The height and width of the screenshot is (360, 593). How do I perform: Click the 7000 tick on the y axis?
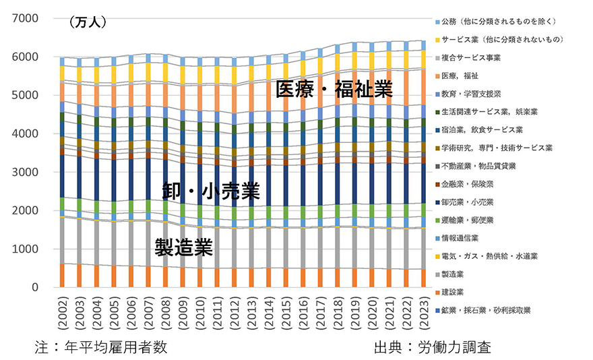click(x=26, y=19)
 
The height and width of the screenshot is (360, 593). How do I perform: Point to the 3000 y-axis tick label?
click(x=26, y=173)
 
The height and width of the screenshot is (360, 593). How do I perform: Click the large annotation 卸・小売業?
click(x=211, y=191)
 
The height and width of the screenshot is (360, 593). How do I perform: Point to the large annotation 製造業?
click(x=183, y=247)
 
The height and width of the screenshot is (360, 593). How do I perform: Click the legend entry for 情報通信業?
click(x=469, y=238)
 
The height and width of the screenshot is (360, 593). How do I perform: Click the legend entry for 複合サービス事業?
click(x=481, y=57)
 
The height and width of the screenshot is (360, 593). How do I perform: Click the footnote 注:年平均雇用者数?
click(x=101, y=347)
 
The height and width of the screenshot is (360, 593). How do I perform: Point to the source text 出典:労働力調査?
click(x=432, y=347)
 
